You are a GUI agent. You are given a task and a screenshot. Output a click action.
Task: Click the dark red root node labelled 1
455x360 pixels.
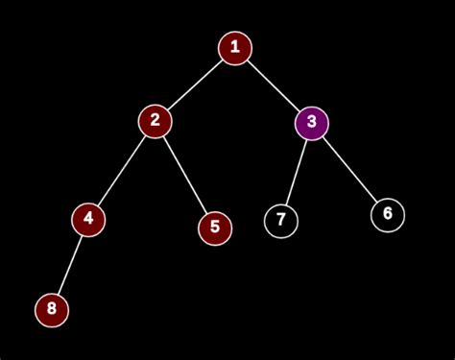pyautogui.click(x=234, y=48)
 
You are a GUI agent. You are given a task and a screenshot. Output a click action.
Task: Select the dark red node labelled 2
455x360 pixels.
pyautogui.click(x=154, y=121)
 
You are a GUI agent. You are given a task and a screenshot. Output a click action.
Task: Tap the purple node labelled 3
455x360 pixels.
pyautogui.click(x=312, y=123)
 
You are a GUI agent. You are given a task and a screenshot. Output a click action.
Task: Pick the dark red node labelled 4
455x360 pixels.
pyautogui.click(x=88, y=219)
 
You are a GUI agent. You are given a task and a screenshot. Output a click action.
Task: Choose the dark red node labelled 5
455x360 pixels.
pyautogui.click(x=215, y=228)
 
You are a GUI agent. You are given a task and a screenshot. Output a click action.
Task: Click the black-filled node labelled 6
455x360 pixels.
pyautogui.click(x=388, y=214)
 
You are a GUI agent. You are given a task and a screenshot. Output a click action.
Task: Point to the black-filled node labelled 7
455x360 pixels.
pyautogui.click(x=281, y=221)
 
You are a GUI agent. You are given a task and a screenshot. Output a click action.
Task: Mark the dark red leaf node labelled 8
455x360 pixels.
pyautogui.click(x=51, y=309)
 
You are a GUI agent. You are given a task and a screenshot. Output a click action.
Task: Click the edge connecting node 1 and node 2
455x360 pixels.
pyautogui.click(x=194, y=84)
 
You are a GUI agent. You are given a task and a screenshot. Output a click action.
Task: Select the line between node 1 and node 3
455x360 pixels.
pyautogui.click(x=274, y=85)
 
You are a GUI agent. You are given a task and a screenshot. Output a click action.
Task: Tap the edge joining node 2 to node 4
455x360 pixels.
pyautogui.click(x=121, y=170)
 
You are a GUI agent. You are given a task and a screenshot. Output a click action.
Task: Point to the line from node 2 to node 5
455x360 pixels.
pyautogui.click(x=184, y=175)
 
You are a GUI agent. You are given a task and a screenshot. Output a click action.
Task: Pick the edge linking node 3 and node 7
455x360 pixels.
pyautogui.click(x=297, y=172)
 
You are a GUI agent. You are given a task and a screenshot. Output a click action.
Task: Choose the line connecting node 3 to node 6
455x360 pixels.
pyautogui.click(x=350, y=169)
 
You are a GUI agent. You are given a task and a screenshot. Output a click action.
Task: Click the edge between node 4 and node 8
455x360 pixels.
pyautogui.click(x=69, y=264)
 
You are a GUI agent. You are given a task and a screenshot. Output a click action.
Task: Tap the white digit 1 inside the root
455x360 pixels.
pyautogui.click(x=234, y=48)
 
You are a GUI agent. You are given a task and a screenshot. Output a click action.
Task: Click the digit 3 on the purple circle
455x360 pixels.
pyautogui.click(x=312, y=123)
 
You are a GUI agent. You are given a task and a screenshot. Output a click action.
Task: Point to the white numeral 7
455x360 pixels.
pyautogui.click(x=281, y=221)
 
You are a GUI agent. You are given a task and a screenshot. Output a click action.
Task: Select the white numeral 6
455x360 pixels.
pyautogui.click(x=388, y=214)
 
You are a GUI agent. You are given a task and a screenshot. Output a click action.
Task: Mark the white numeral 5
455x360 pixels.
pyautogui.click(x=215, y=228)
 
